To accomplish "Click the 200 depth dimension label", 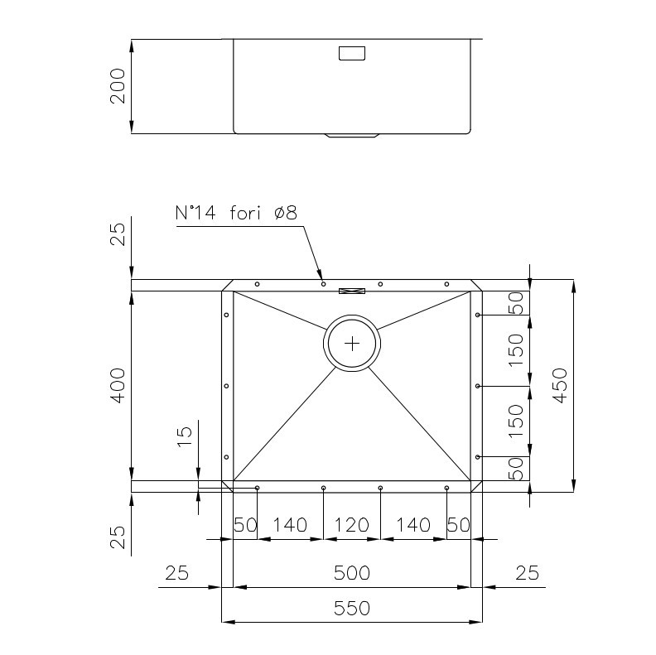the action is (118, 86).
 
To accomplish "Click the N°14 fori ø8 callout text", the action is (236, 213).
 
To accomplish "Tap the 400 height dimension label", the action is (118, 386).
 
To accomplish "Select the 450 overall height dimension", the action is (560, 386).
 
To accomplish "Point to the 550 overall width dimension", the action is (352, 608).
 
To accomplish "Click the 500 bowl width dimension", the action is (352, 572).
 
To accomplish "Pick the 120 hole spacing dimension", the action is (352, 525).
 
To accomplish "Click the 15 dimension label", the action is (185, 436).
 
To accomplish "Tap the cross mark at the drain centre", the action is (352, 344).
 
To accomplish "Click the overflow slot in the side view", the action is (352, 53).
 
